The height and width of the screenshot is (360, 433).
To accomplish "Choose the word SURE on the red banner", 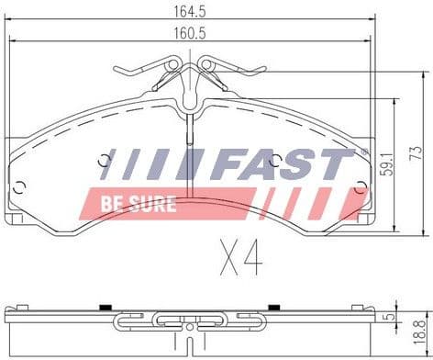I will [150, 204].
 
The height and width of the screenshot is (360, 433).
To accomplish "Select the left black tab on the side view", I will [106, 306].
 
